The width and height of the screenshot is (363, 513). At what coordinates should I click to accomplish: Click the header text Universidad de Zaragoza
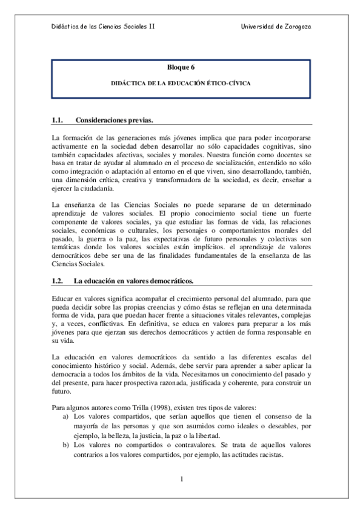point(276,27)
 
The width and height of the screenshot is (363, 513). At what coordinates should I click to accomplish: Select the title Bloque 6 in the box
point(181,68)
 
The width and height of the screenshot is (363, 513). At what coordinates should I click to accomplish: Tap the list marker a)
point(65,417)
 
